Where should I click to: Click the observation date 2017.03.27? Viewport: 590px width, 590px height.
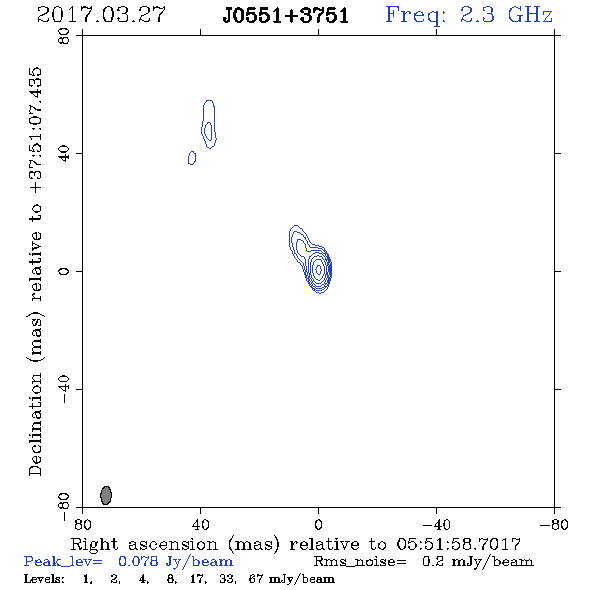pyautogui.click(x=101, y=15)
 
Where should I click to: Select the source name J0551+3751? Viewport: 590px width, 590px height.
pyautogui.click(x=285, y=16)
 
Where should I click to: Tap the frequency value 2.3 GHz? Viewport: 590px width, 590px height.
pyautogui.click(x=506, y=15)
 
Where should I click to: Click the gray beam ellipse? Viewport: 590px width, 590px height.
pyautogui.click(x=106, y=495)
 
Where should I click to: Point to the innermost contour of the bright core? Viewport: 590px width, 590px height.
pyautogui.click(x=319, y=269)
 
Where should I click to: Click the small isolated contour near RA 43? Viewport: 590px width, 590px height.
pyautogui.click(x=192, y=158)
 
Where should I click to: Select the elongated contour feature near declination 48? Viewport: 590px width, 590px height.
pyautogui.click(x=209, y=124)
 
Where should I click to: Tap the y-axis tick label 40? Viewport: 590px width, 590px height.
pyautogui.click(x=64, y=154)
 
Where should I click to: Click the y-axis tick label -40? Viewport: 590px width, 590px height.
pyautogui.click(x=64, y=389)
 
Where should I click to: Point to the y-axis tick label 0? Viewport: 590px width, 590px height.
pyautogui.click(x=64, y=271)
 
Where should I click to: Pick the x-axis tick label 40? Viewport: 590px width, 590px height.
pyautogui.click(x=200, y=525)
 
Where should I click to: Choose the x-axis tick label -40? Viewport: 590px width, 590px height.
pyautogui.click(x=436, y=525)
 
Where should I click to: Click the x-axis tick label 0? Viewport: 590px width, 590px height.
pyautogui.click(x=318, y=525)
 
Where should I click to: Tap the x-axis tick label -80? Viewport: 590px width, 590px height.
pyautogui.click(x=554, y=525)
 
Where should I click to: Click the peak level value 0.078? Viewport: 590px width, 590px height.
pyautogui.click(x=138, y=561)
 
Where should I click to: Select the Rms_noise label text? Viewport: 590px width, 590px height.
pyautogui.click(x=360, y=562)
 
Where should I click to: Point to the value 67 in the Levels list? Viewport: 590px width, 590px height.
pyautogui.click(x=255, y=579)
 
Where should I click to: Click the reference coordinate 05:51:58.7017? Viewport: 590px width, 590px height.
pyautogui.click(x=458, y=544)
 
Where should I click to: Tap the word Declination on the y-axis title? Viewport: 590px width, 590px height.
pyautogui.click(x=35, y=424)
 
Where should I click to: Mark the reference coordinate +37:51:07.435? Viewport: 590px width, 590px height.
pyautogui.click(x=36, y=131)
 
